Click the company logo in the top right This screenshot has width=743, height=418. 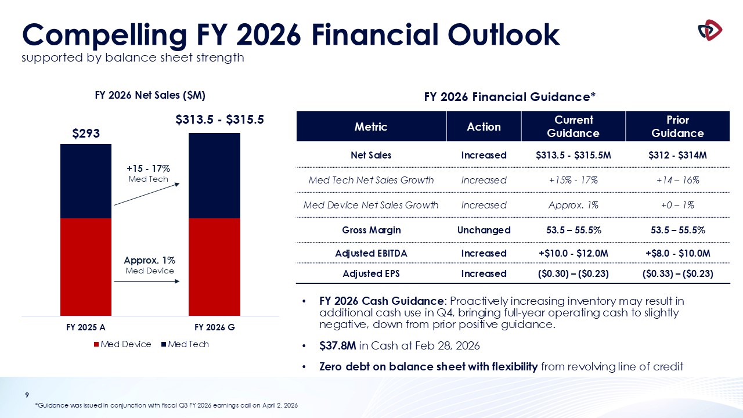coord(709,30)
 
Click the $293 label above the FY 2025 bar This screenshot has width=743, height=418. coord(86,133)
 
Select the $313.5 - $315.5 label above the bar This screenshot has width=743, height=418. coord(220,120)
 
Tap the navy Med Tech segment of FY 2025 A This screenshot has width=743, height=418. coord(86,181)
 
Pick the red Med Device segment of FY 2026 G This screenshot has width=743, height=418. coord(214,266)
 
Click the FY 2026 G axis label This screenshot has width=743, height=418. coord(215,327)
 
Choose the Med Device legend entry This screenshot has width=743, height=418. coord(122,344)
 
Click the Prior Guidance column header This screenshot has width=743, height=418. coord(677,126)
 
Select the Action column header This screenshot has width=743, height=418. coord(484,127)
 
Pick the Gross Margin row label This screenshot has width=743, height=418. coord(370,230)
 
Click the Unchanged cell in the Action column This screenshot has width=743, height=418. coord(484,230)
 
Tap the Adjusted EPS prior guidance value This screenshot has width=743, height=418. coord(677,273)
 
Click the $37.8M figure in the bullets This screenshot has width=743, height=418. coord(337,346)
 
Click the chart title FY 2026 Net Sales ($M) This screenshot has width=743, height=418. coord(150,95)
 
